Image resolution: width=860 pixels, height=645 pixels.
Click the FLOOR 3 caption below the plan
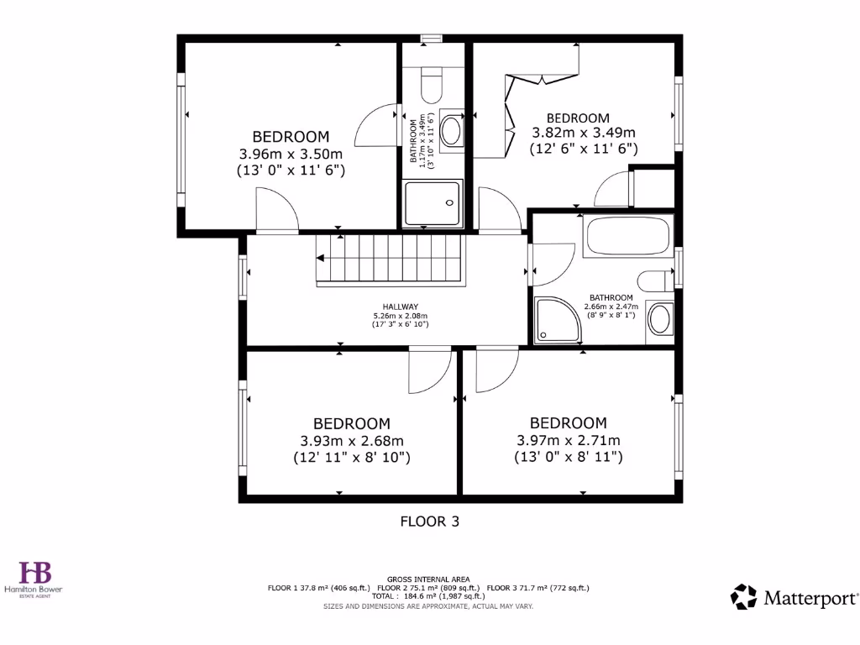(x=429, y=522)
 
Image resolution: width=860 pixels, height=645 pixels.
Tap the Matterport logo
(x=794, y=597)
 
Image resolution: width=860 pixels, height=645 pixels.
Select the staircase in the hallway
(x=390, y=259)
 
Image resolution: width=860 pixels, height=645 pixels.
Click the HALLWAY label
(x=401, y=307)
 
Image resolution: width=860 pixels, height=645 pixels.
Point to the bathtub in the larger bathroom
(x=628, y=237)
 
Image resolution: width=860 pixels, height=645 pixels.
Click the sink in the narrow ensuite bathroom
(x=452, y=131)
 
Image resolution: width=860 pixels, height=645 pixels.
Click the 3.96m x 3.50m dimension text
(x=291, y=154)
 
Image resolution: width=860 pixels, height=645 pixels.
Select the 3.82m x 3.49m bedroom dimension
(x=584, y=133)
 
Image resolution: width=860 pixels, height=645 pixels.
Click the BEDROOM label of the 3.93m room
(x=351, y=424)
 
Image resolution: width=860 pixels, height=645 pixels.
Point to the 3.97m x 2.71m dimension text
(x=568, y=440)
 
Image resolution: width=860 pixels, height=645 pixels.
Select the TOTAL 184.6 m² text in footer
(x=428, y=595)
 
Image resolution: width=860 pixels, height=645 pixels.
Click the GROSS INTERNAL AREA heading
(x=428, y=579)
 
